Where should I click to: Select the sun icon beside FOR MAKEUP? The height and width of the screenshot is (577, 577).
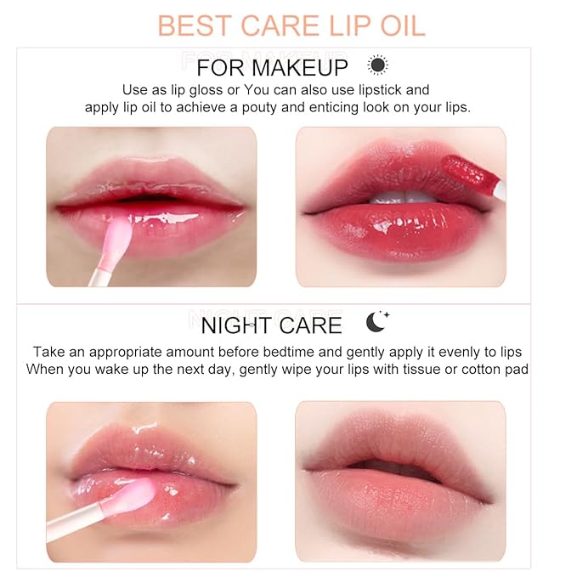377,65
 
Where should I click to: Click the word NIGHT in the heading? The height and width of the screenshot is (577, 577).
229,325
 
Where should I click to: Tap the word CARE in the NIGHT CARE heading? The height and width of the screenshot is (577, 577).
309,325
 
